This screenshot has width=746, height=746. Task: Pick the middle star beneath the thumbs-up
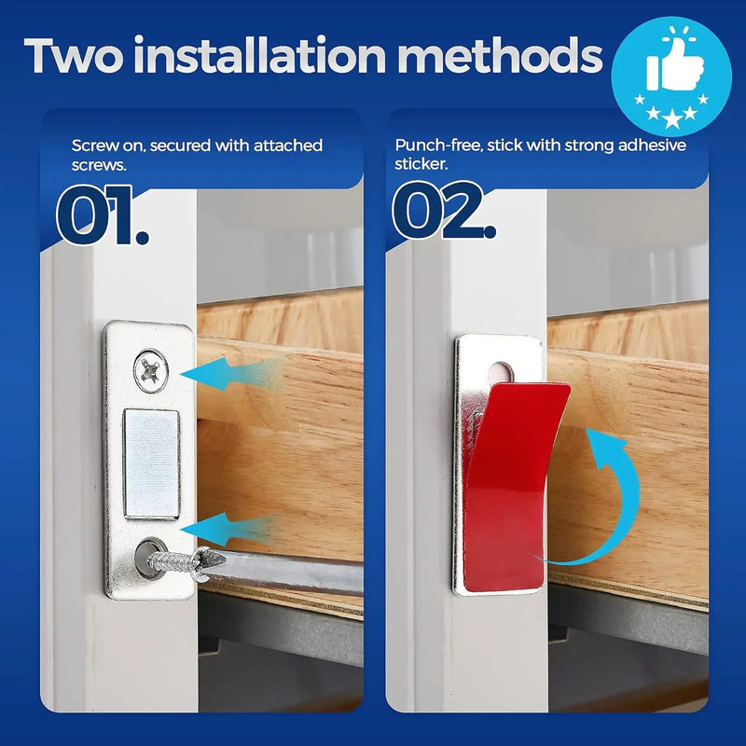click(x=671, y=114)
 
